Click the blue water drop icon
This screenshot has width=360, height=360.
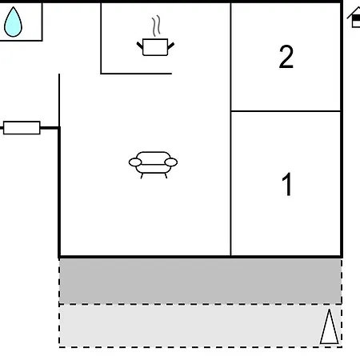point(13,22)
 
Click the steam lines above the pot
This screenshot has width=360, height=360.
point(157,26)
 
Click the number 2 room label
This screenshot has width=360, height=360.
point(286,57)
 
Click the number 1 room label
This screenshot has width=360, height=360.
point(287,184)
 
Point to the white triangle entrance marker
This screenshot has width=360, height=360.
point(330,326)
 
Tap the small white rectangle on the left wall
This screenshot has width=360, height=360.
point(22,128)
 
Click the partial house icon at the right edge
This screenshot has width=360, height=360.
point(354,18)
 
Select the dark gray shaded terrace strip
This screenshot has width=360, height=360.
point(200,281)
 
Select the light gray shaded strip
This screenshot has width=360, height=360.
point(200,326)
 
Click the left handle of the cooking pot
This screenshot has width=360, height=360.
point(140,46)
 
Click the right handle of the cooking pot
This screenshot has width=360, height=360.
point(171,46)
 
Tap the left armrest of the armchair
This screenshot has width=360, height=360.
point(135,162)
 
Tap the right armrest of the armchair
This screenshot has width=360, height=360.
point(171,162)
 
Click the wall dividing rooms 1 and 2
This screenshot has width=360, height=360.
point(286,111)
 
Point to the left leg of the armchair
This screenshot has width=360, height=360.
point(142,176)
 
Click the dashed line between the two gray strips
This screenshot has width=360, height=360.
point(200,304)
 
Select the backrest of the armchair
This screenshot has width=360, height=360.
point(153,158)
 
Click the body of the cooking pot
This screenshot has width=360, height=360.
point(155,47)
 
